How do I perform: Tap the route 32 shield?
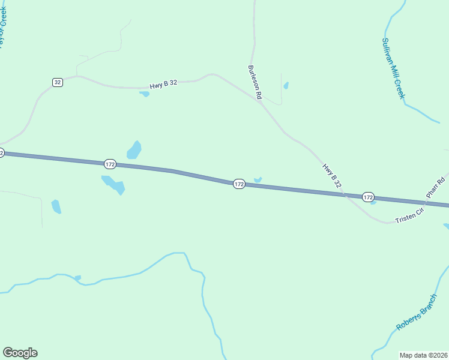pos(57,82)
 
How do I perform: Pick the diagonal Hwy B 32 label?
pos(332,178)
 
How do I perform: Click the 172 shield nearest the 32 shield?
pos(109,164)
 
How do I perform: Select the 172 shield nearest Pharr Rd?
pos(368,197)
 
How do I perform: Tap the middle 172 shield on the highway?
pos(239,184)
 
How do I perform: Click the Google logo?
pos(20,353)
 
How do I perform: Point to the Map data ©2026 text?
pos(423,355)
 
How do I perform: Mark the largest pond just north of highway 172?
pos(134,149)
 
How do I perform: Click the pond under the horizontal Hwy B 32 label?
pos(144,94)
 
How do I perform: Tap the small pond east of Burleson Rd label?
pos(286,85)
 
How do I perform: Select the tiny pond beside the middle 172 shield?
pos(258,179)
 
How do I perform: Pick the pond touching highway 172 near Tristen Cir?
pos(373,202)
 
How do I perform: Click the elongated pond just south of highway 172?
pos(114,185)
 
